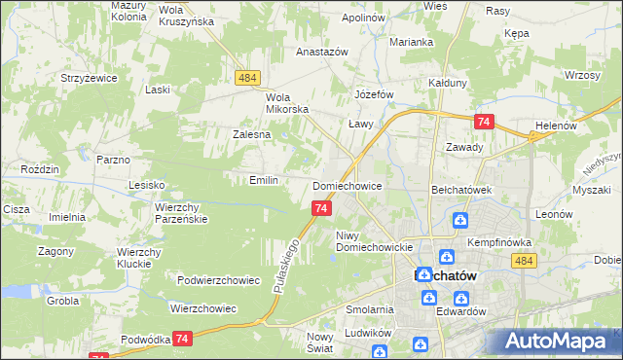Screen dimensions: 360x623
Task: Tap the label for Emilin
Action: coord(265,180)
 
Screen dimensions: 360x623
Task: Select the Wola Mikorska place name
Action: coord(287,103)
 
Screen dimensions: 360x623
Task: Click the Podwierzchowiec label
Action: coord(219,280)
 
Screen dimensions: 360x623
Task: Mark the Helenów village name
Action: coord(557,126)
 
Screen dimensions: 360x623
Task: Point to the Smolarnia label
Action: coord(369,309)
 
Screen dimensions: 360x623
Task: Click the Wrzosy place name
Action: coord(580,75)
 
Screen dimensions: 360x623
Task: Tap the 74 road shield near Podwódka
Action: coord(182,338)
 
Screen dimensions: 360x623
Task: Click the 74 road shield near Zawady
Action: coord(483,121)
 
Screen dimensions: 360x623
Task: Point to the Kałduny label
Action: coord(449,84)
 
